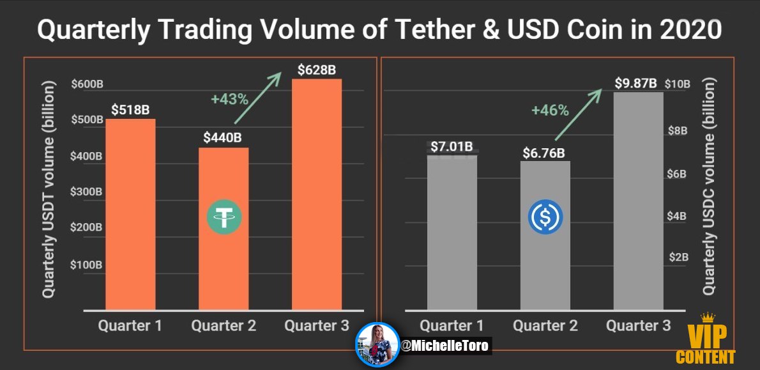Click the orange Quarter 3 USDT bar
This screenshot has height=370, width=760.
point(317,194)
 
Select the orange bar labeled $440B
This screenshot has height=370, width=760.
point(224,228)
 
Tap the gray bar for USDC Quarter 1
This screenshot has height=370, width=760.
point(452,232)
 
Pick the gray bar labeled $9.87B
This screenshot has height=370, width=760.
point(639,201)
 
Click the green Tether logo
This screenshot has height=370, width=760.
point(224,217)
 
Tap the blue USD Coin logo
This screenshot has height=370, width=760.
point(546,217)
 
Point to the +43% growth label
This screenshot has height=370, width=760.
point(229,100)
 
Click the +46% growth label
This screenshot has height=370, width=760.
point(550,110)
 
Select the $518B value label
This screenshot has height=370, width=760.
point(130,109)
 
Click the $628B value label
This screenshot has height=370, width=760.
point(317,70)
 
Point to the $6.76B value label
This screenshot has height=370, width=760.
point(544,153)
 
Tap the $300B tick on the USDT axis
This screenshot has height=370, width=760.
point(87,192)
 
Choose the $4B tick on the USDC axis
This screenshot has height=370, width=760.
point(676,216)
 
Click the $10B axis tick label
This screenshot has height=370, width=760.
point(678,84)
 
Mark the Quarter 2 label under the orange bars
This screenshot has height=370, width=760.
point(224,325)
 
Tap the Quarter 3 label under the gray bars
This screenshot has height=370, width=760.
point(639,325)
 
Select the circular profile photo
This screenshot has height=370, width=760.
point(377,344)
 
